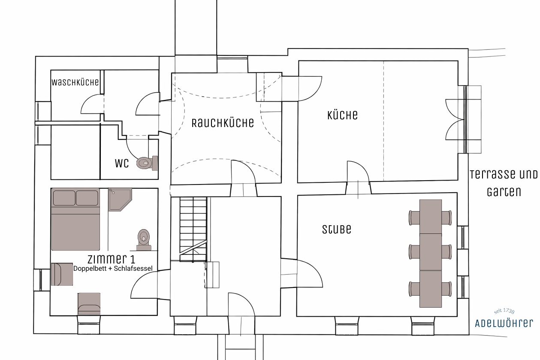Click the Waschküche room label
coord(75,82)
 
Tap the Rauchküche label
coord(223,123)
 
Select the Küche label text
coord(342,115)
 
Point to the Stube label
coord(337,230)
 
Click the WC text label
coord(121,163)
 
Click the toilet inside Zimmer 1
coord(144,239)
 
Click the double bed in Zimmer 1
coord(75,219)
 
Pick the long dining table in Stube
coord(431,253)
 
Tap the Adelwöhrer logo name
coord(504,323)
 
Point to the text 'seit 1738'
coord(504,312)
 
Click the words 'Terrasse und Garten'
coord(504,183)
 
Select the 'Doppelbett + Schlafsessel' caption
coord(113,269)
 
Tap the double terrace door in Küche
coord(456,119)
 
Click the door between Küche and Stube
coord(358,176)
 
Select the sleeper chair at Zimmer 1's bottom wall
coord(89,304)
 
